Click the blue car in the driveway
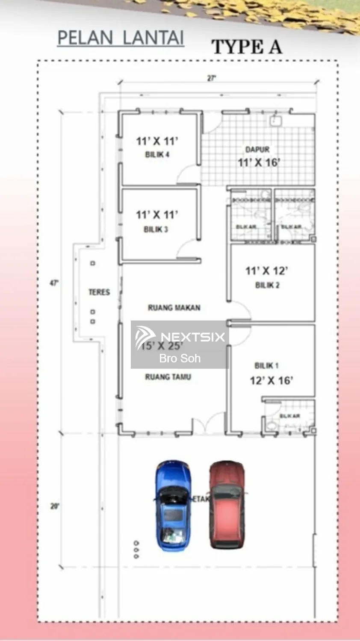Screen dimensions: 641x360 tap(173, 506)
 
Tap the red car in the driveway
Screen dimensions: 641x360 tap(227, 504)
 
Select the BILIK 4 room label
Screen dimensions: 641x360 tap(157, 155)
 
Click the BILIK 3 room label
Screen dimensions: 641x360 tap(156, 229)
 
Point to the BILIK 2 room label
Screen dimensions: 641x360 tap(267, 285)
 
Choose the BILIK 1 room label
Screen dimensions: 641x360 tap(266, 365)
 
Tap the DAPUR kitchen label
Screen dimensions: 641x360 tap(257, 150)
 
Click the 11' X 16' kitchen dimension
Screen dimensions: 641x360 tap(259, 162)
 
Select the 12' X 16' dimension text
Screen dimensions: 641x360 tap(271, 380)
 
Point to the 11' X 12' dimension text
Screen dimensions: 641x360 tap(266, 271)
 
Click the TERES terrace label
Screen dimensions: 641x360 tap(99, 292)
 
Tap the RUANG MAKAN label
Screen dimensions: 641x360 tap(174, 308)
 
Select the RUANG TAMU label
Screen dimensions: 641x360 tap(168, 377)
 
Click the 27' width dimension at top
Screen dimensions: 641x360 tap(212, 78)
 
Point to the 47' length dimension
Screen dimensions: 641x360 tap(54, 283)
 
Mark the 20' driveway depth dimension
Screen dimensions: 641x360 tap(55, 506)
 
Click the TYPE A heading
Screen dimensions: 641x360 tap(247, 47)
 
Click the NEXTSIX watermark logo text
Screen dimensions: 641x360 tap(192, 337)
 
